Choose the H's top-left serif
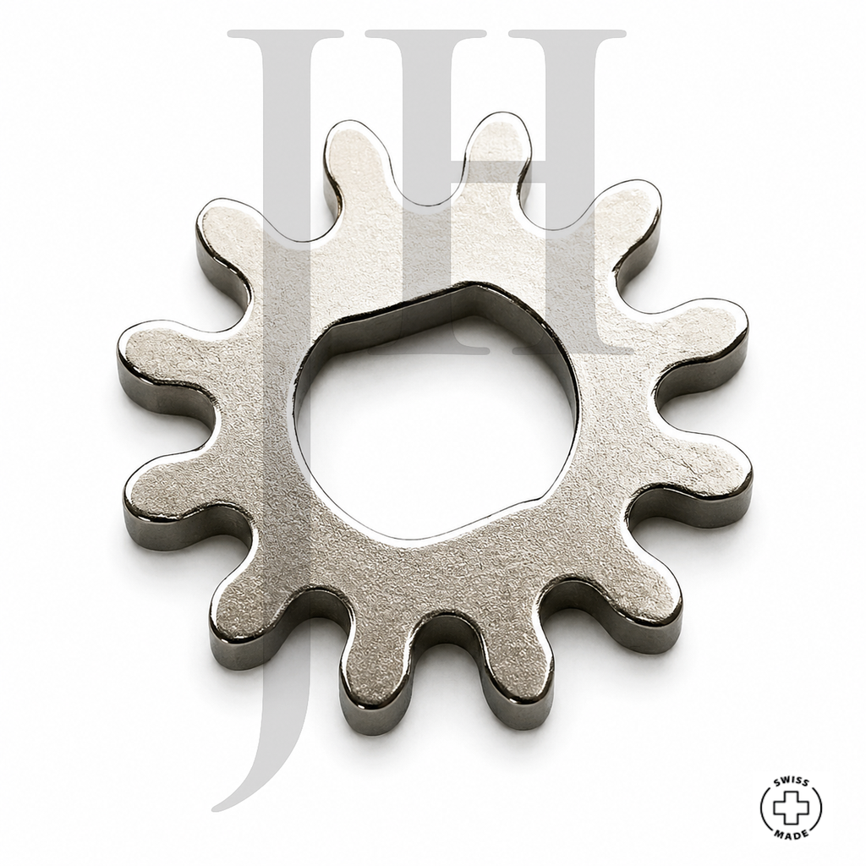coord(425,34)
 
